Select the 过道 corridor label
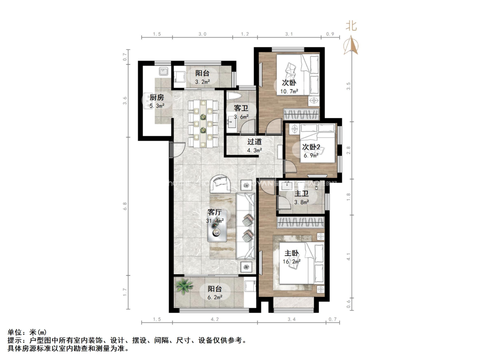pyautogui.click(x=255, y=142)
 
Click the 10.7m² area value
pyautogui.click(x=289, y=91)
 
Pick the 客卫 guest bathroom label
pyautogui.click(x=241, y=108)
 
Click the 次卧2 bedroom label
pyautogui.click(x=311, y=147)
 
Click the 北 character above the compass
pyautogui.click(x=351, y=26)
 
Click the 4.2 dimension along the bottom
pyautogui.click(x=215, y=319)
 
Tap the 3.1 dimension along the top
pyautogui.click(x=289, y=34)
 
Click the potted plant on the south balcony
pyautogui.click(x=184, y=286)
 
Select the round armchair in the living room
pyautogui.click(x=219, y=183)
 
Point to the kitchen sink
pyautogui.click(x=163, y=72)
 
